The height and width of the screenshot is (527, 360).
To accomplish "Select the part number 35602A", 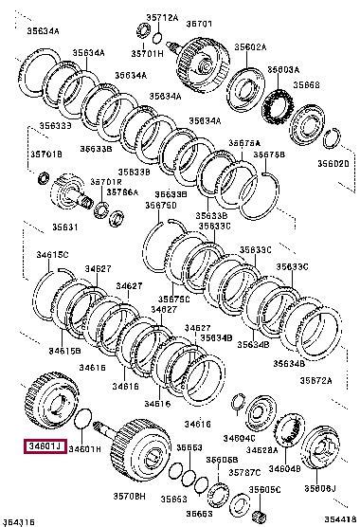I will click(x=251, y=46).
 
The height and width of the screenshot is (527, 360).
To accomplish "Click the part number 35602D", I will click(x=332, y=163).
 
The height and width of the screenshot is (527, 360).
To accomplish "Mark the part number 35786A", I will click(x=121, y=191).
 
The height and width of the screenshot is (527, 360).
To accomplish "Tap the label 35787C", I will click(x=245, y=470).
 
